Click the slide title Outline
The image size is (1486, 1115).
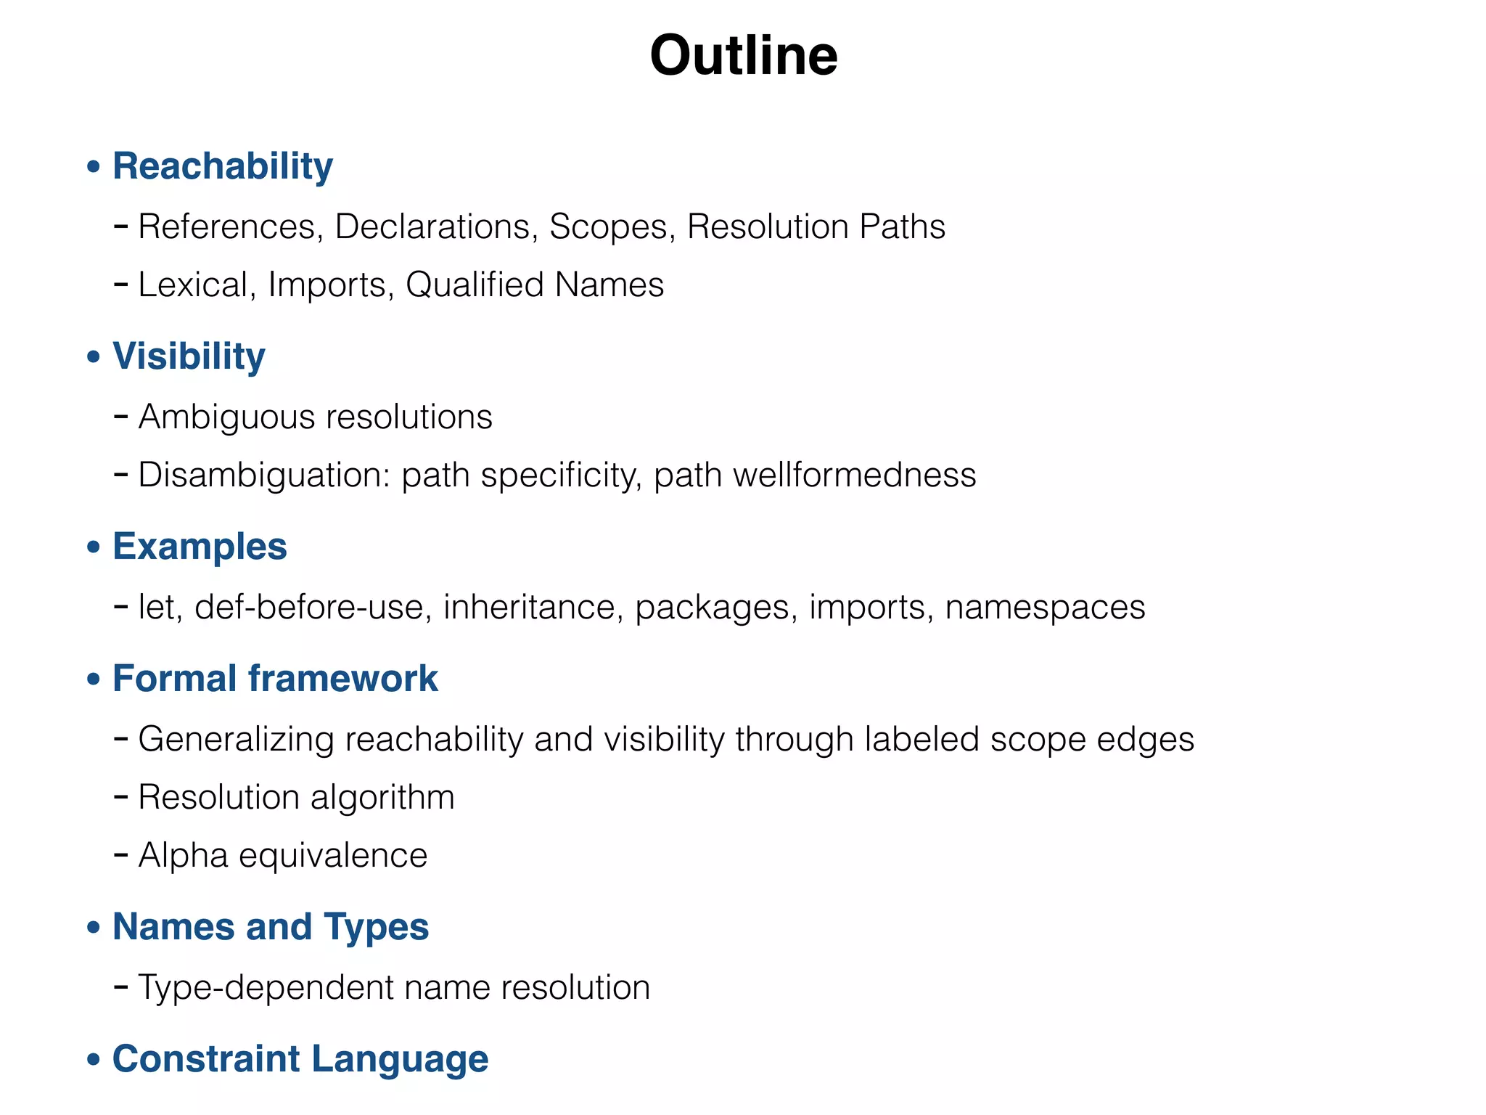point(744,55)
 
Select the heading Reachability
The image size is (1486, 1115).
point(223,166)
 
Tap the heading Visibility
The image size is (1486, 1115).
point(189,356)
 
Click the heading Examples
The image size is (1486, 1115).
point(200,547)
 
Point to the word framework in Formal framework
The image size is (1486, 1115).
point(343,679)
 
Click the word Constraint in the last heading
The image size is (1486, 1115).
point(206,1059)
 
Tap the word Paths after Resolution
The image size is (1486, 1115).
point(902,226)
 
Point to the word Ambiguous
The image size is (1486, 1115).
point(227,417)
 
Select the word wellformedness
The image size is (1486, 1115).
point(854,475)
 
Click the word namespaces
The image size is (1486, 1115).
point(1045,607)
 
